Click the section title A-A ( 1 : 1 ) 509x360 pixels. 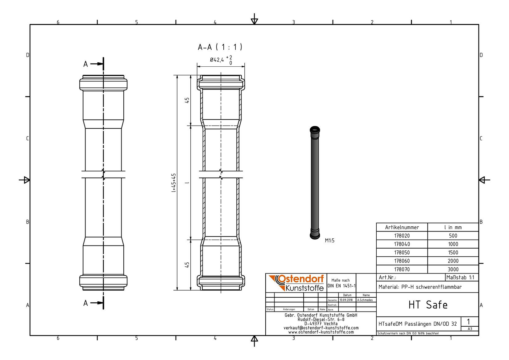pos(220,47)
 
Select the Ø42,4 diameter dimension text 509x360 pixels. pos(217,60)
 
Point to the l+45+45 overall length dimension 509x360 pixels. pos(174,183)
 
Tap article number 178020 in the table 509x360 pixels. pos(402,236)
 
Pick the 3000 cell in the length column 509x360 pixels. pos(453,269)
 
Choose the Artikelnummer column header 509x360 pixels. pos(402,227)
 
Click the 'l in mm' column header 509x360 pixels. pos(453,227)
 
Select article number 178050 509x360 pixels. pos(402,253)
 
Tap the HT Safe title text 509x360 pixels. pos(428,305)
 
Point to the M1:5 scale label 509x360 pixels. pos(329,241)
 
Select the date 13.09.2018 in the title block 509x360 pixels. pos(346,300)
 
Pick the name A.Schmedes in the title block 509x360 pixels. pos(365,300)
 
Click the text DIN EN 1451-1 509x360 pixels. pos(341,286)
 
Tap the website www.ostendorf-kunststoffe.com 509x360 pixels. pos(321,332)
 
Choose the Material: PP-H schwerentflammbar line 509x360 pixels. pos(420,287)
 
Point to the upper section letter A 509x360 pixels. pos(86,64)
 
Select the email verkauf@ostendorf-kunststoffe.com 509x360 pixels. pos(321,328)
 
